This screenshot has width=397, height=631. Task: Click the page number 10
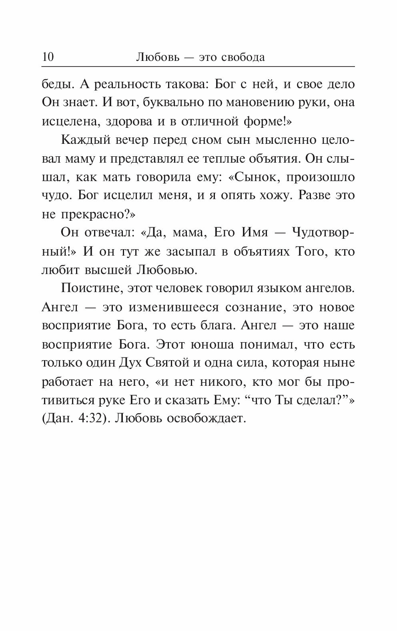pyautogui.click(x=48, y=57)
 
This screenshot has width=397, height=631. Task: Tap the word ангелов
pyautogui.click(x=329, y=288)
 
